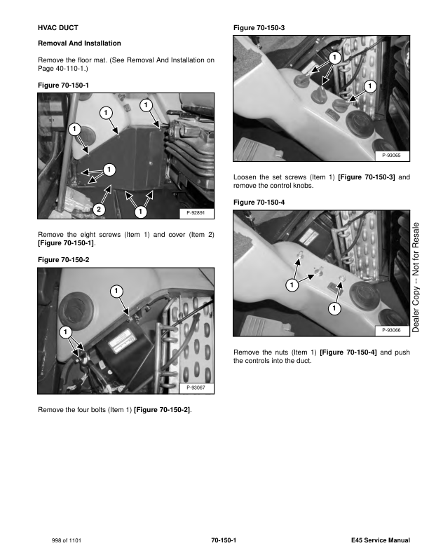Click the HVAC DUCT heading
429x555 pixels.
pyautogui.click(x=58, y=27)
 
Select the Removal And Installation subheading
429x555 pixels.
pyautogui.click(x=79, y=43)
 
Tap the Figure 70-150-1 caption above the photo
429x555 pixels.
pyautogui.click(x=63, y=85)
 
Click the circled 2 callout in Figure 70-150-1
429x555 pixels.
pyautogui.click(x=99, y=210)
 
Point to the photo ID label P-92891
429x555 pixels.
pyautogui.click(x=196, y=213)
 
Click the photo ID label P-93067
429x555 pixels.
pyautogui.click(x=196, y=388)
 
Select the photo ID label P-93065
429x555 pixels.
pyautogui.click(x=391, y=155)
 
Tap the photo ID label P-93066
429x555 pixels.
pyautogui.click(x=391, y=330)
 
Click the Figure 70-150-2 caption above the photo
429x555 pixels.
pyautogui.click(x=63, y=260)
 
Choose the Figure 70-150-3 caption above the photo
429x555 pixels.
pyautogui.click(x=259, y=27)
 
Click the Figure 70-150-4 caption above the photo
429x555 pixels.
pyautogui.click(x=259, y=202)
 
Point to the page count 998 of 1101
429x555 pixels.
pyautogui.click(x=66, y=540)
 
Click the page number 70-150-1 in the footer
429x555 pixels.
pyautogui.click(x=224, y=540)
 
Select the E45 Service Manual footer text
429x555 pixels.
pyautogui.click(x=381, y=540)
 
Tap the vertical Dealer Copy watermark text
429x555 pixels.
pyautogui.click(x=416, y=277)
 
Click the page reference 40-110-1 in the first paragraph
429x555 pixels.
pyautogui.click(x=69, y=68)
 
